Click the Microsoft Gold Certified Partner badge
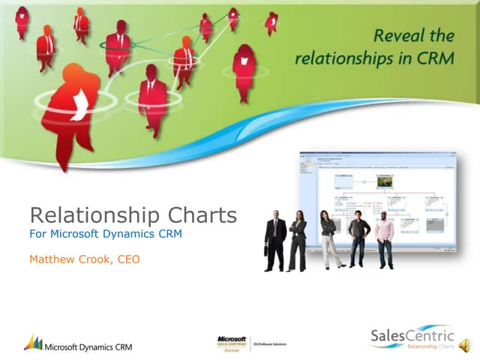232,342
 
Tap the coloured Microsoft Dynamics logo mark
32,342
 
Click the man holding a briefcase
276,240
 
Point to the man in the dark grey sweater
358,238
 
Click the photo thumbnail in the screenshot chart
385,181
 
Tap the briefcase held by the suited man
267,250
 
